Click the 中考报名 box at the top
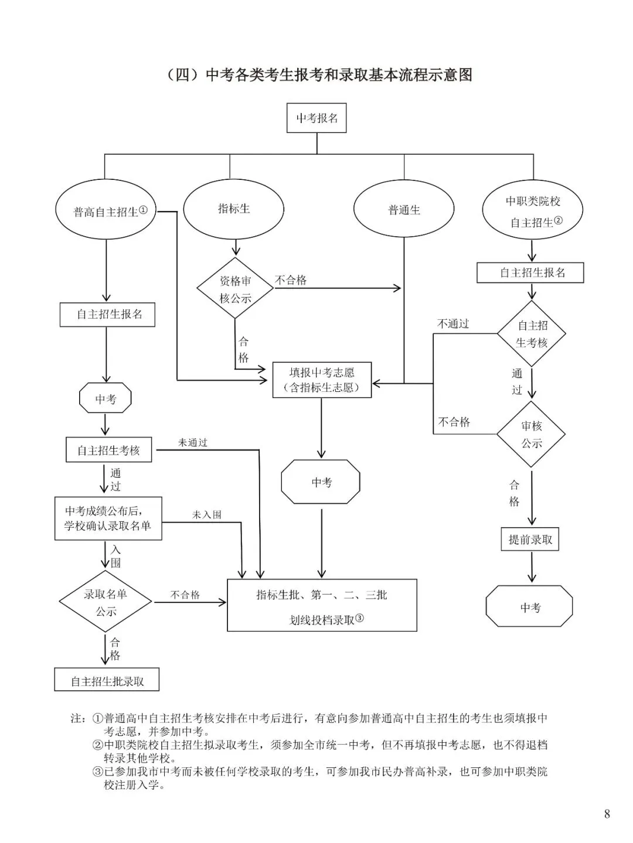coord(317,118)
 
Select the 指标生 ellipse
coord(234,209)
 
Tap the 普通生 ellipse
coord(404,210)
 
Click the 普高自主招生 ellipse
coord(106,211)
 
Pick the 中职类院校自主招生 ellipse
coord(532,211)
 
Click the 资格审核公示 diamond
coord(236,289)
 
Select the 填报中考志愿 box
coord(322,380)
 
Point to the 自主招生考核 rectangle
coord(109,450)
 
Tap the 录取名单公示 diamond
coord(105,602)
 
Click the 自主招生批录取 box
coord(107,681)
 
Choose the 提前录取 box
coord(530,540)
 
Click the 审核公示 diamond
coord(531,435)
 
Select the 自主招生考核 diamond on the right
coord(532,334)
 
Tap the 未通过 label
coord(193,443)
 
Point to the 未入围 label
coord(207,515)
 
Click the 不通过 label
coord(453,324)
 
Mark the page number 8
coord(607,814)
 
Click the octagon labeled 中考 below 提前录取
coord(529,607)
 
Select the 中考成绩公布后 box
coord(108,518)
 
